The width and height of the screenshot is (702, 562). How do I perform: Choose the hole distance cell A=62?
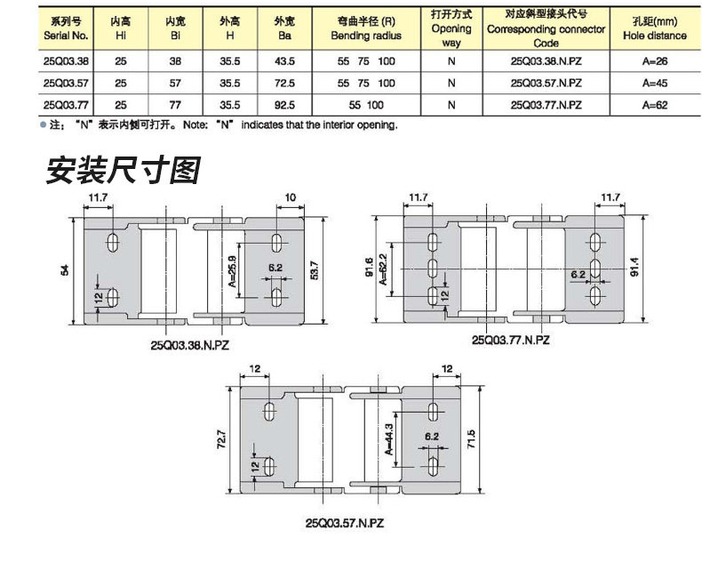tap(654, 104)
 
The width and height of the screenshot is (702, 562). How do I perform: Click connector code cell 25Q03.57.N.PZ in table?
tap(547, 83)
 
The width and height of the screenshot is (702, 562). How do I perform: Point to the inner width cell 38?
tap(175, 62)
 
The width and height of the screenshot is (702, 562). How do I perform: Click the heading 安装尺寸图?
tap(123, 170)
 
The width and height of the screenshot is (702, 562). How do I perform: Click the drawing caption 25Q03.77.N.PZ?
tap(511, 340)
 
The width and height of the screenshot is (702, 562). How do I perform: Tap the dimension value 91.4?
tap(658, 268)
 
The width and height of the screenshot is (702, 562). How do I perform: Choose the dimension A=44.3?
tap(388, 439)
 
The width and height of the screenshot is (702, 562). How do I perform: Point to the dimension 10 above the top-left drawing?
tap(291, 197)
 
